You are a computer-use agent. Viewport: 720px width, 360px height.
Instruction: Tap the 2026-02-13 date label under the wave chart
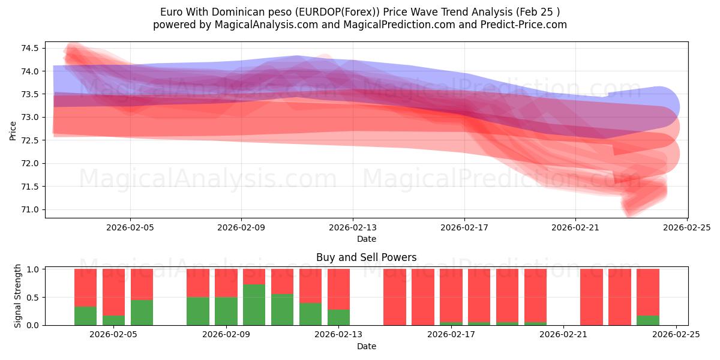pos(353,228)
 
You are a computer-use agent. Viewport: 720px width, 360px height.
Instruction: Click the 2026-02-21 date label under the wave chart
pos(575,228)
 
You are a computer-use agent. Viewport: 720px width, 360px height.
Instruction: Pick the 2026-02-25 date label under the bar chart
pos(676,335)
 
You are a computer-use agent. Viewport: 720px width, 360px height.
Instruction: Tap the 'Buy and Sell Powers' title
pos(366,258)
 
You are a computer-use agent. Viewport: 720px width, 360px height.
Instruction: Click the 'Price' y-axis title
pos(13,130)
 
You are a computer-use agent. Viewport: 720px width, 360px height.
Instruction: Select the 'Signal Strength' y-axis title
pos(18,296)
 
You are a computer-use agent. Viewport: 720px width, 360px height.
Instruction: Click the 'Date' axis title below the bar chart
pos(366,346)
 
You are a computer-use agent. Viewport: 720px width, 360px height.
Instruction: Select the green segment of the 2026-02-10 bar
pos(254,305)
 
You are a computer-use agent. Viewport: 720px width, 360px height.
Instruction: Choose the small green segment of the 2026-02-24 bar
pos(647,320)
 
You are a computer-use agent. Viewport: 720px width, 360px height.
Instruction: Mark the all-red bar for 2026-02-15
pos(395,297)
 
